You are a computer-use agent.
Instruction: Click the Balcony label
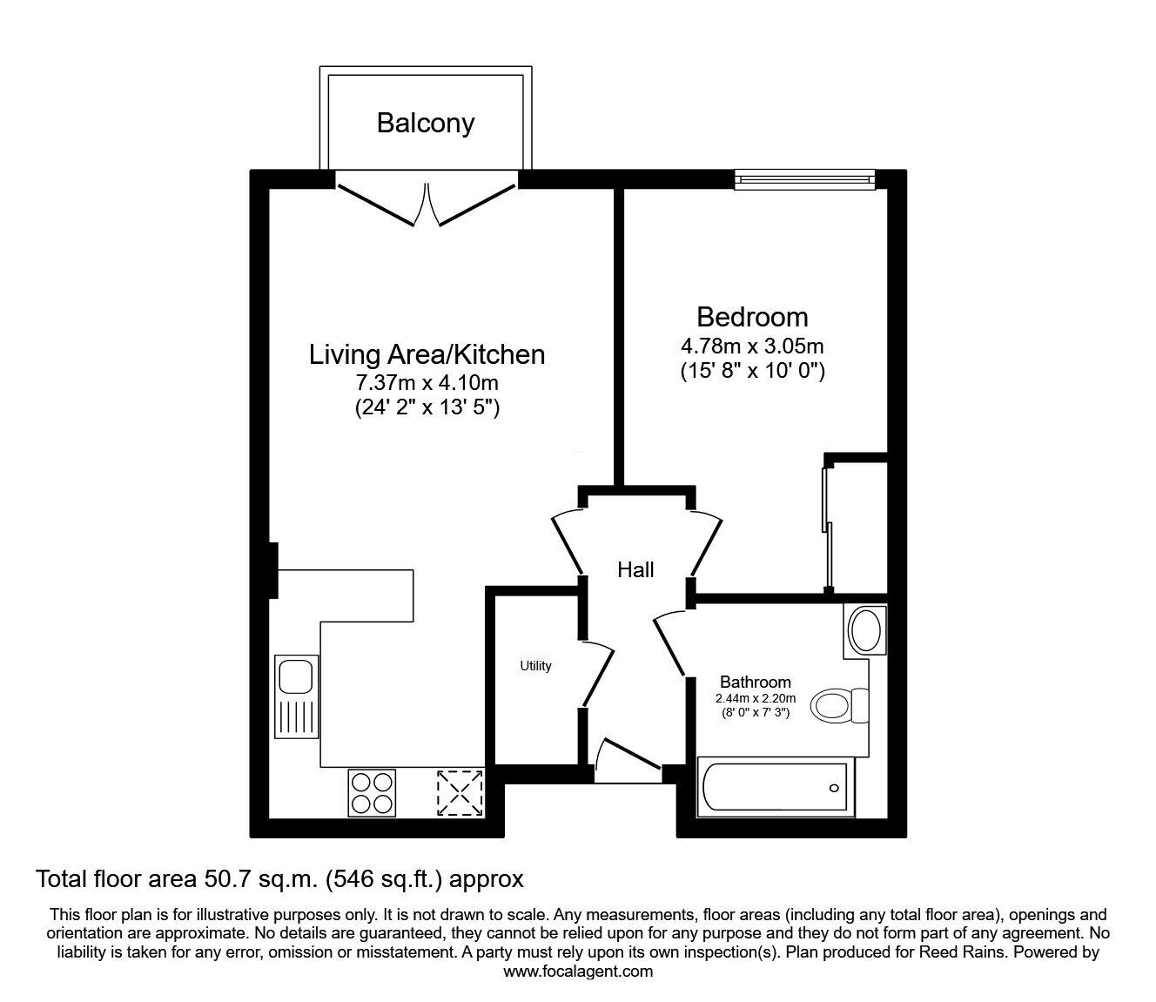[426, 123]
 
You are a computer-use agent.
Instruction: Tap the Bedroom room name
[752, 316]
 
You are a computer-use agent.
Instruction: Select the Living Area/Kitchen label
[427, 354]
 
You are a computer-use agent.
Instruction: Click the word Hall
[635, 570]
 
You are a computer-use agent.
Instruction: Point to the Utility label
[535, 666]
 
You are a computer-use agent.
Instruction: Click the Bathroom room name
[755, 683]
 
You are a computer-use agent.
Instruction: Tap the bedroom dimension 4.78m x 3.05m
[752, 346]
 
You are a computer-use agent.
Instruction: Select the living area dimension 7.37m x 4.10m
[427, 382]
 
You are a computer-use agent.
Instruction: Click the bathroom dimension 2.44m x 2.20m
[755, 698]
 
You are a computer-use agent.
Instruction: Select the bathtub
[776, 788]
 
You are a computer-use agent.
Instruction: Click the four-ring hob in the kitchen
[372, 792]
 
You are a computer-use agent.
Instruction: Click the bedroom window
[803, 179]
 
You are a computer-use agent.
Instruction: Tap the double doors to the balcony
[427, 202]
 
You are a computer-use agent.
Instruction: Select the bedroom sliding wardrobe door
[828, 526]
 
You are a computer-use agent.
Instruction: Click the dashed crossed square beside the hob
[460, 792]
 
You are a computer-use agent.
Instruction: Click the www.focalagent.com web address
[578, 972]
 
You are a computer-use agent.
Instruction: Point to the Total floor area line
[279, 879]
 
